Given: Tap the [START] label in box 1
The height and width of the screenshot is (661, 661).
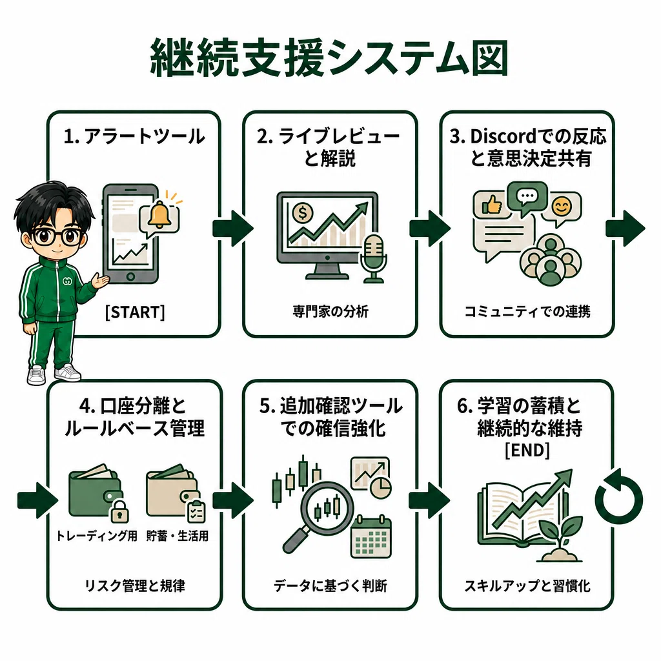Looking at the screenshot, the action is click(x=135, y=312).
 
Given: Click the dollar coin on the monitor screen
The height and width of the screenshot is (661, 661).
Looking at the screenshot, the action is click(x=302, y=212).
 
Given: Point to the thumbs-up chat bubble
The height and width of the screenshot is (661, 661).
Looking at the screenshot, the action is click(x=490, y=205).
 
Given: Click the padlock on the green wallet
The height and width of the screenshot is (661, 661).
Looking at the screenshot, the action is click(x=119, y=511).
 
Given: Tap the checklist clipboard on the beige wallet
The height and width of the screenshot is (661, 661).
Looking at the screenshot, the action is click(x=196, y=511).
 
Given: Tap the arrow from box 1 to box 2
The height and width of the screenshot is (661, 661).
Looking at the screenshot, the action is click(x=232, y=228).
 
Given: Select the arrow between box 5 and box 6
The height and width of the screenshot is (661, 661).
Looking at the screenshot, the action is click(x=429, y=500).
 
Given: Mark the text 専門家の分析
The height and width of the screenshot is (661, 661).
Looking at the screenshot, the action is click(x=330, y=312).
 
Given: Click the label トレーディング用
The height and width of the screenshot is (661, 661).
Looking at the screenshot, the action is click(x=97, y=536).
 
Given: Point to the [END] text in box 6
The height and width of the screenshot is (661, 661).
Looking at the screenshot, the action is click(x=527, y=450).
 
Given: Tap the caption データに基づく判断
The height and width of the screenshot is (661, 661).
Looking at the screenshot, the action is click(x=330, y=585).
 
